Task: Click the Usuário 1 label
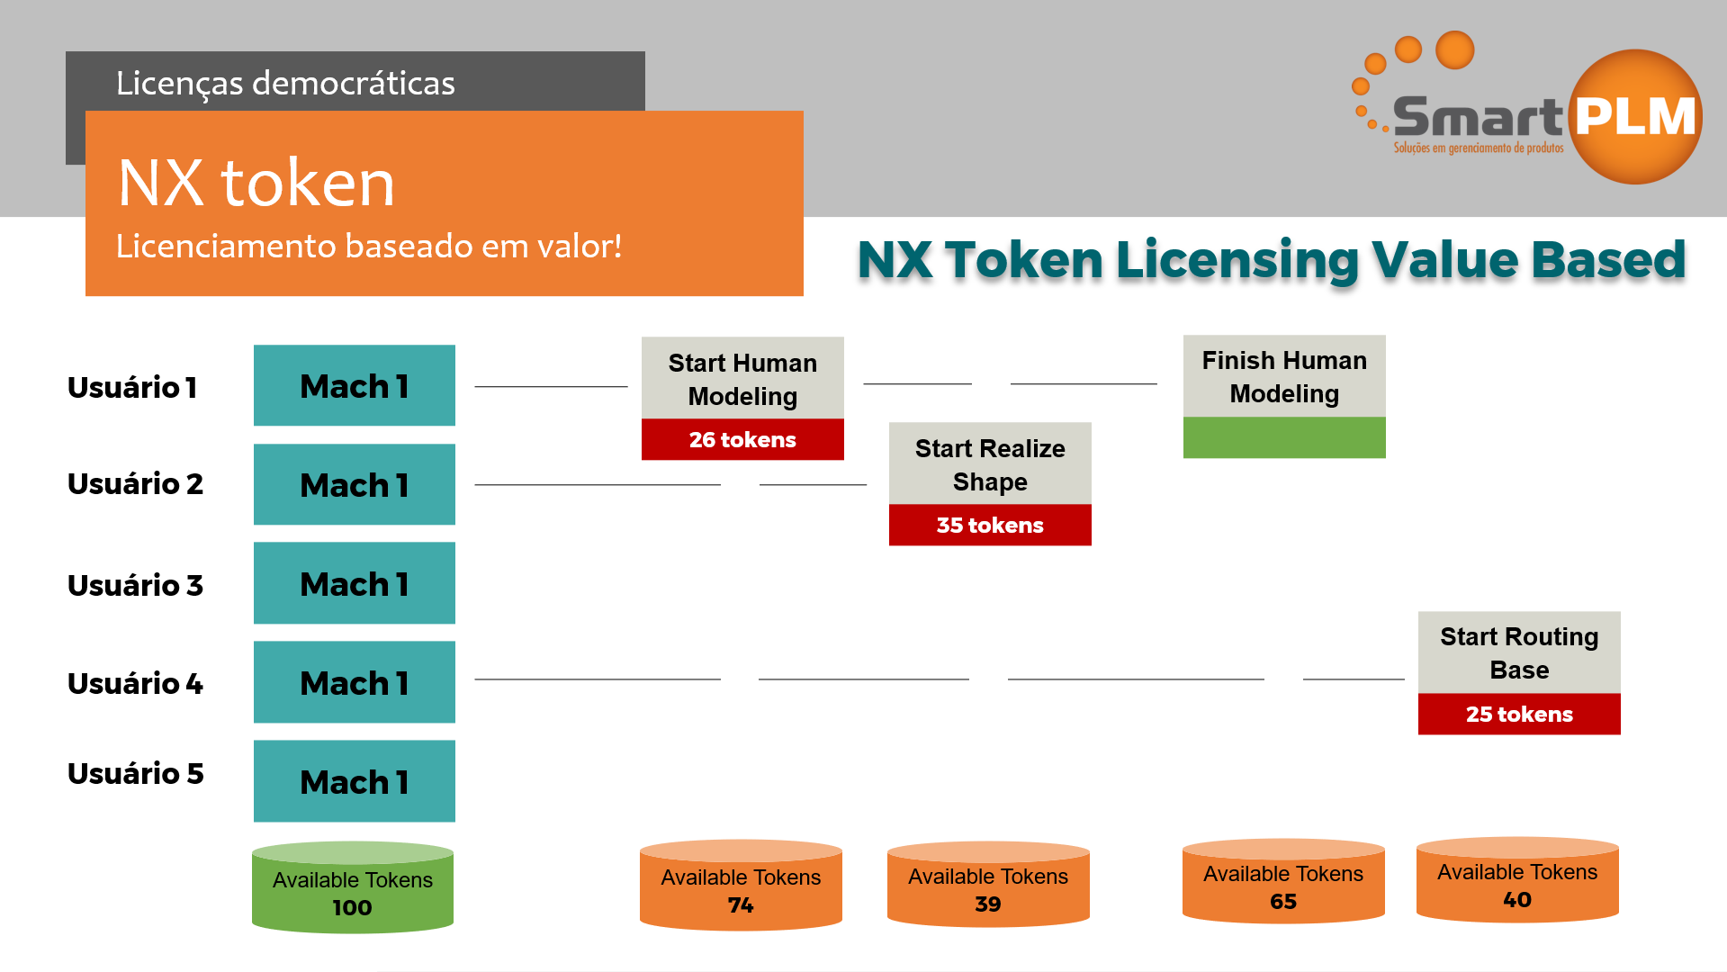tap(132, 387)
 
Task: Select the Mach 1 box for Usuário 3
tap(355, 583)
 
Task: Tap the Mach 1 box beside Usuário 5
tap(355, 781)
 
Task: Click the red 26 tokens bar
tap(742, 439)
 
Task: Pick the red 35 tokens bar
tap(990, 525)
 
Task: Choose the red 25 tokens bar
tap(1519, 714)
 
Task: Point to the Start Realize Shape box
tap(990, 464)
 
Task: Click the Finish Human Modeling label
tap(1284, 376)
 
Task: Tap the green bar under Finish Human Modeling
tap(1284, 437)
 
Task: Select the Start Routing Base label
tap(1519, 652)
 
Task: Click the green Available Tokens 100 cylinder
tap(353, 891)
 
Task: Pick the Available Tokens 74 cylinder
tap(741, 889)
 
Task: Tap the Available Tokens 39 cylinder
tap(988, 888)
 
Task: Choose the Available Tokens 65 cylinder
tap(1283, 886)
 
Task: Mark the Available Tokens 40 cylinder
tap(1517, 884)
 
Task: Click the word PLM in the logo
tap(1635, 117)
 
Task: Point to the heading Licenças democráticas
tap(285, 83)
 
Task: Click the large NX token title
tap(256, 183)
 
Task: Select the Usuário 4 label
tap(135, 683)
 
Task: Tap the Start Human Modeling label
tap(742, 379)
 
